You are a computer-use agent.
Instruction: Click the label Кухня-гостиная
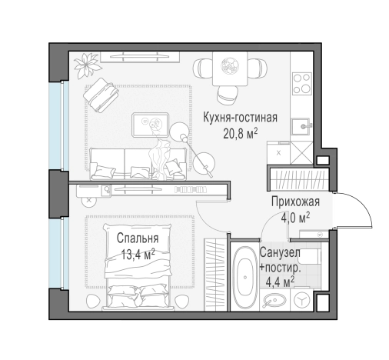pos(240,118)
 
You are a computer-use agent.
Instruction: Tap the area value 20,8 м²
pos(240,132)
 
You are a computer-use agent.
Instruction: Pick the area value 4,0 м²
pos(294,217)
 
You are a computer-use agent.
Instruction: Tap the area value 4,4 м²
pos(279,282)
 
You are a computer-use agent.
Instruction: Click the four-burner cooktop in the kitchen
pos(301,82)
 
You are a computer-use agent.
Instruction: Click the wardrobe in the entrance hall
pos(297,181)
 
